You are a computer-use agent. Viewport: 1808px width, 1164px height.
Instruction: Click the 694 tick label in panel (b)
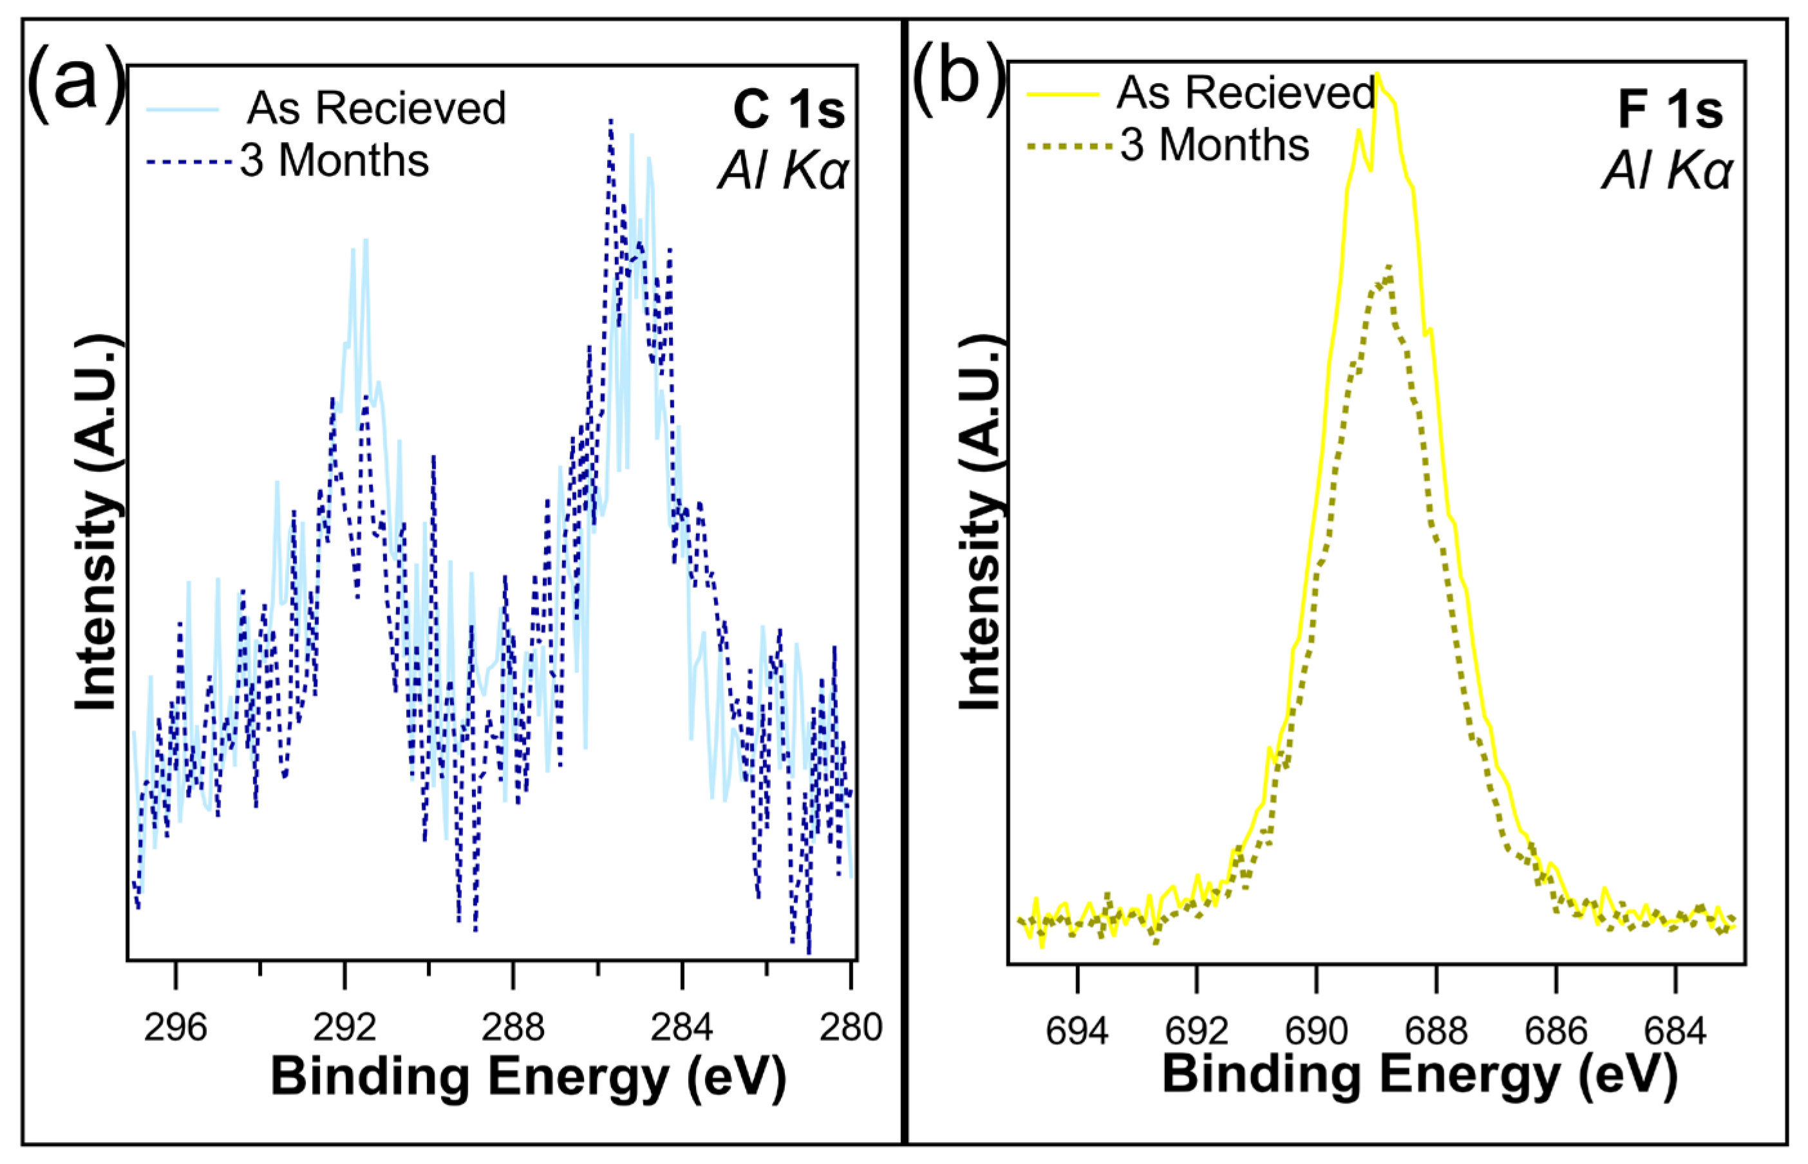[x=1077, y=1031]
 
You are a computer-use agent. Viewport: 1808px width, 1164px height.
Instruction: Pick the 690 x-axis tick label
[x=1317, y=1031]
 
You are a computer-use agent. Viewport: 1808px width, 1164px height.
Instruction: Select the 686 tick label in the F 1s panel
[x=1556, y=1031]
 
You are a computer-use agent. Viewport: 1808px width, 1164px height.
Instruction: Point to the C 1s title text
[x=788, y=109]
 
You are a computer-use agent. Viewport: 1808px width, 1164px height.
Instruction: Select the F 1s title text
[x=1670, y=109]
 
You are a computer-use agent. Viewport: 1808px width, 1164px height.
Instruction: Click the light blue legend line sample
[x=183, y=109]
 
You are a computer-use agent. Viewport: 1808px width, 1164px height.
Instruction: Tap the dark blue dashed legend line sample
[x=189, y=162]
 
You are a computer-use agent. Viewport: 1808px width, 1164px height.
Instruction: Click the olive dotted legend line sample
[x=1069, y=146]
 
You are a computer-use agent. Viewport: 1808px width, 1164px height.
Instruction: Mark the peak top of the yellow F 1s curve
[x=1377, y=74]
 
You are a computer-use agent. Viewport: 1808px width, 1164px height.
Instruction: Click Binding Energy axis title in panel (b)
[x=1420, y=1074]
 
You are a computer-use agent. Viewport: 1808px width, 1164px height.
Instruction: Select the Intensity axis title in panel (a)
[x=96, y=521]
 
